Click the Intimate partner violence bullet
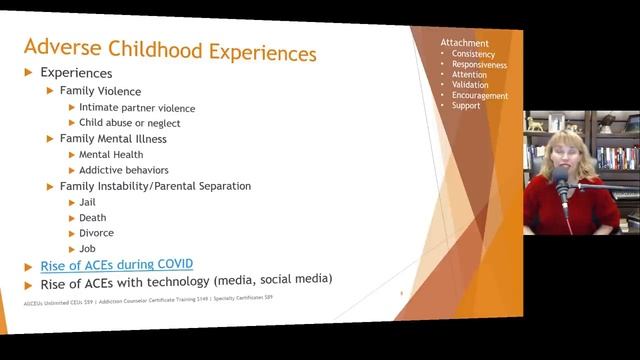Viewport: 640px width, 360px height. tap(137, 107)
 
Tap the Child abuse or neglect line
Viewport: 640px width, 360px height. tap(129, 123)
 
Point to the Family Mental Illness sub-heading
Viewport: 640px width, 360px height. tap(113, 139)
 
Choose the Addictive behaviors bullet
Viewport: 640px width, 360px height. tap(125, 171)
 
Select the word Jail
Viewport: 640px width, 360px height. tap(89, 202)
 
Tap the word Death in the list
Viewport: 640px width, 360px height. tap(93, 217)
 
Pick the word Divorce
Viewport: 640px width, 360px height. tap(97, 233)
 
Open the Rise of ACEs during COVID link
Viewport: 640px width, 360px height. tap(116, 264)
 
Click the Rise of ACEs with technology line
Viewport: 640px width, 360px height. tap(185, 280)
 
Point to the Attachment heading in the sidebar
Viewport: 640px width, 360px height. tap(465, 43)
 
